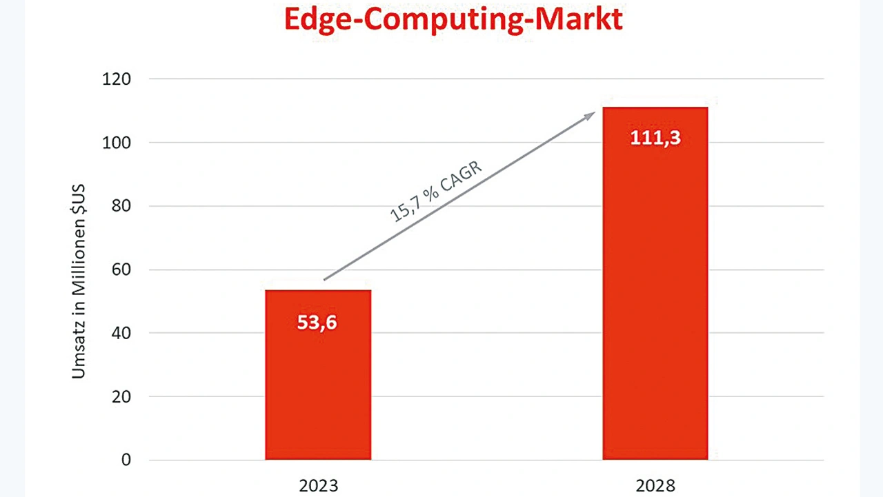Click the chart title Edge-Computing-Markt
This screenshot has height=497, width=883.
453,19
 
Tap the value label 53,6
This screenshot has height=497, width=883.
317,322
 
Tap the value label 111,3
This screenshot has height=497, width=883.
655,138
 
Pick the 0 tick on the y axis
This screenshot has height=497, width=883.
126,460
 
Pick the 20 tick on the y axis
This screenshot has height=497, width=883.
121,396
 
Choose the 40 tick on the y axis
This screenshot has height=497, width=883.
121,333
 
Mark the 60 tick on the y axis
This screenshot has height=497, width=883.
121,270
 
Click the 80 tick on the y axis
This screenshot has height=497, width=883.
121,206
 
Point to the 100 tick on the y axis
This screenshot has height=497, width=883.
117,143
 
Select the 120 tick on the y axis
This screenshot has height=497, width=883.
117,79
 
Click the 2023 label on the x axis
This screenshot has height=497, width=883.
318,485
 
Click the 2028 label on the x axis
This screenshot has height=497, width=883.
655,485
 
